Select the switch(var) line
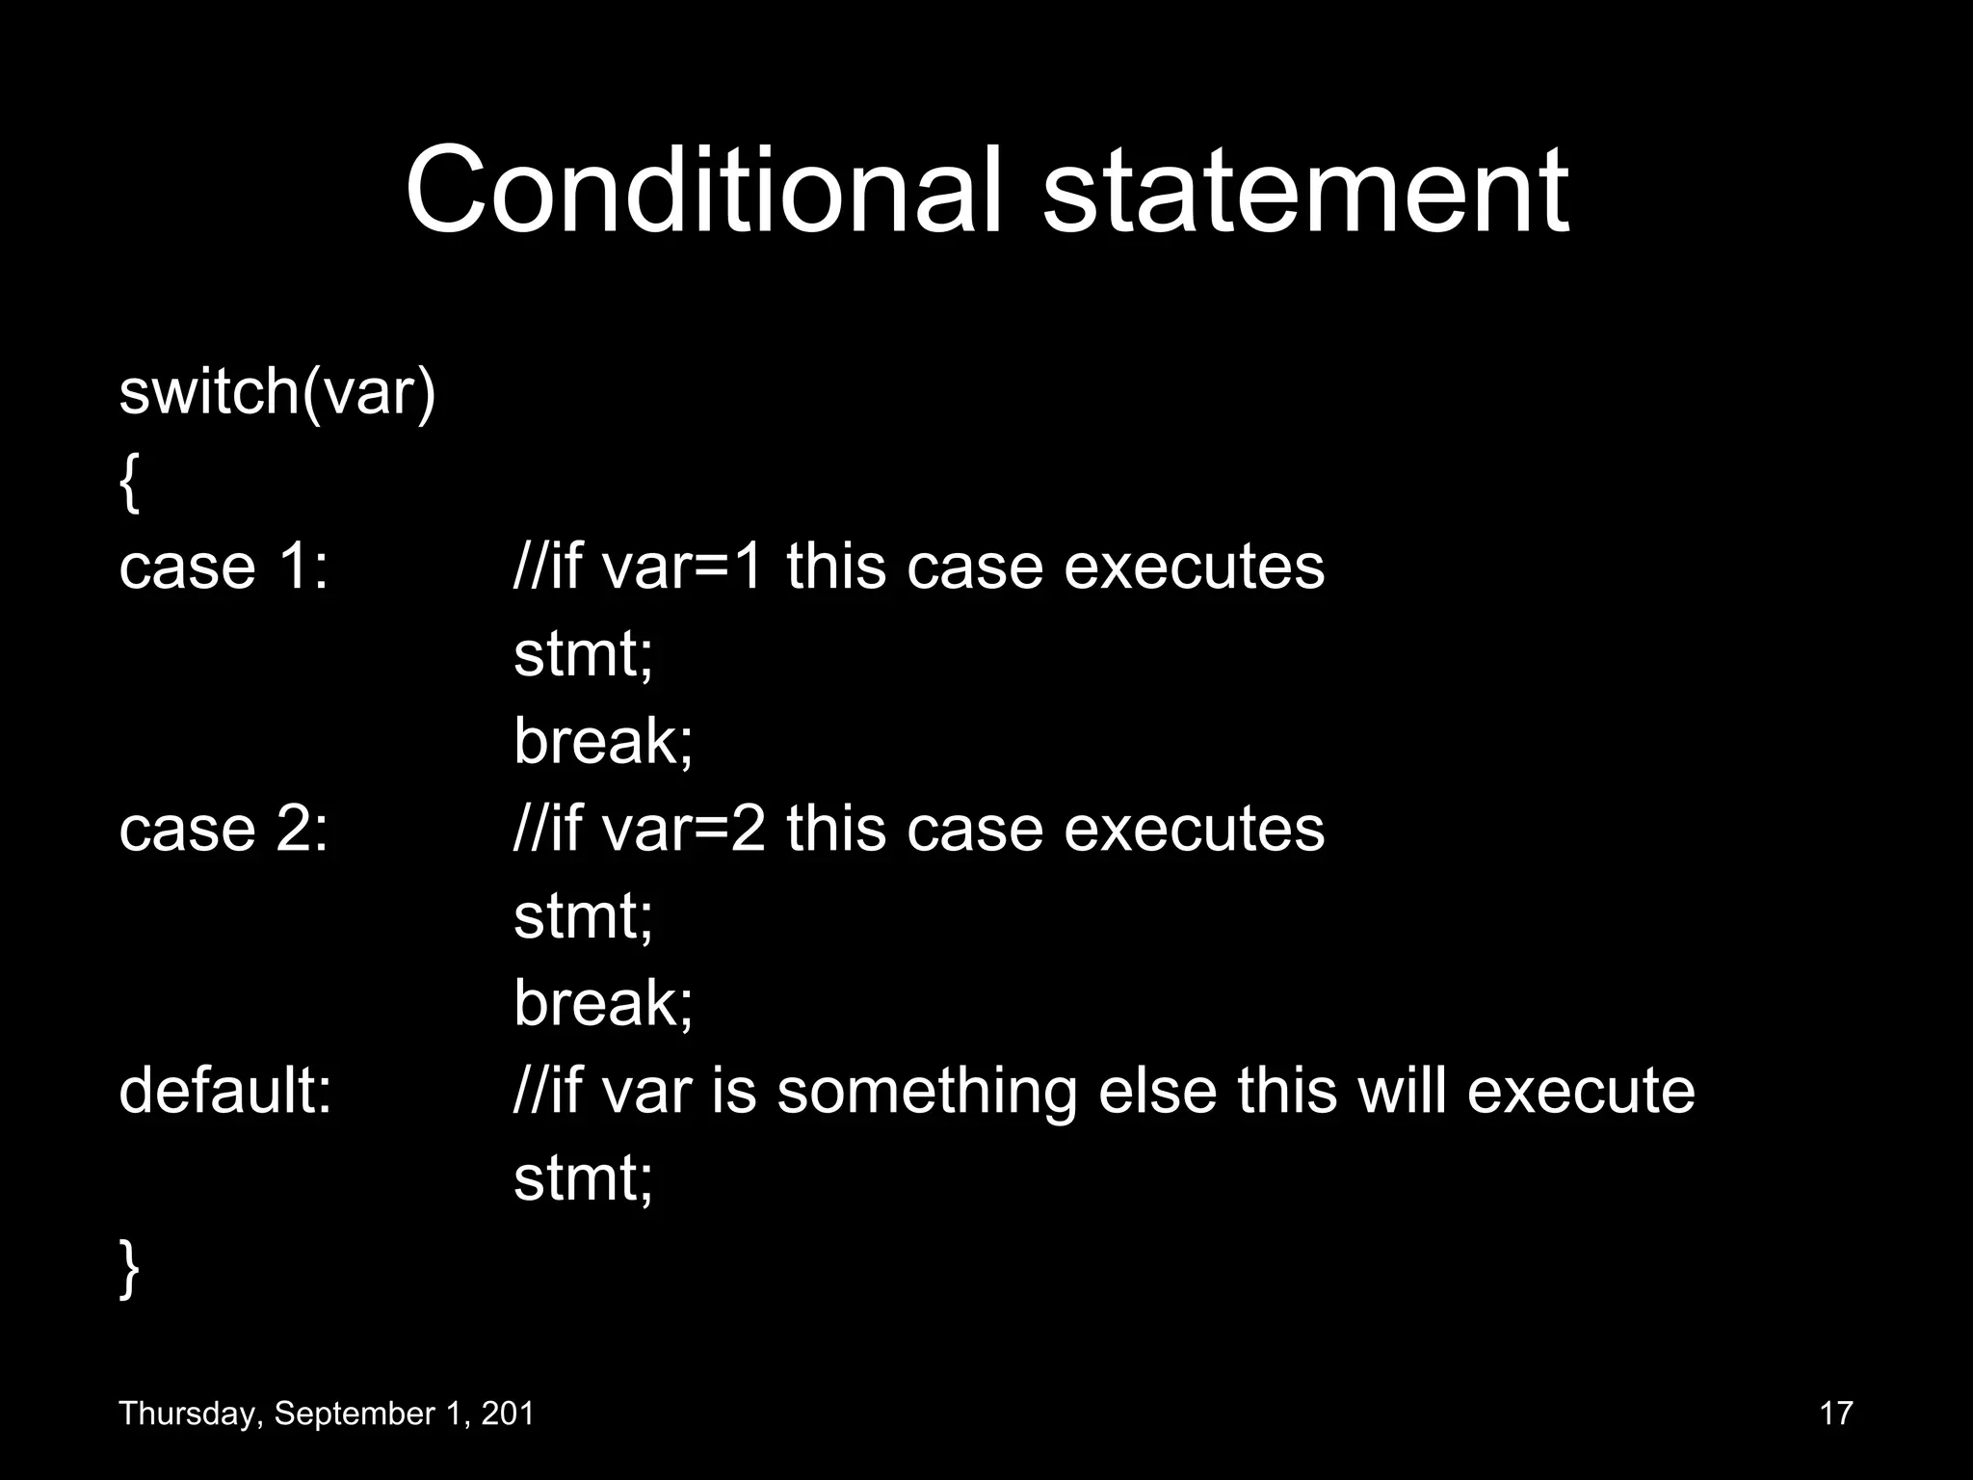point(277,392)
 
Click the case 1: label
point(224,567)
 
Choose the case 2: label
point(224,829)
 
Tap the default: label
point(225,1091)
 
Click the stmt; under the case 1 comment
point(583,654)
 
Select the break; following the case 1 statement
point(603,741)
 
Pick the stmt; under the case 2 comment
point(583,916)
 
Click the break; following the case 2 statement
point(603,1003)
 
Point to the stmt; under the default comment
point(583,1178)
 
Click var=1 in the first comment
point(682,567)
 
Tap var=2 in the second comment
point(682,829)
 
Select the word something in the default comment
point(926,1093)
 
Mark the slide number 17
point(1836,1414)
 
